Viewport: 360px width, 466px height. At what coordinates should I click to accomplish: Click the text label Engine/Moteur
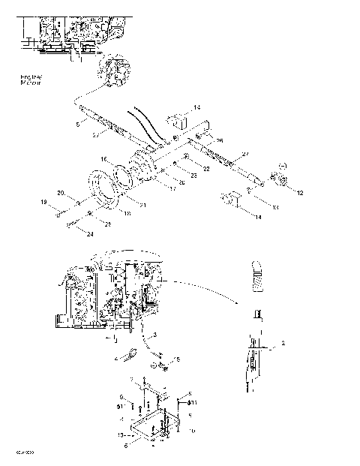pyautogui.click(x=32, y=81)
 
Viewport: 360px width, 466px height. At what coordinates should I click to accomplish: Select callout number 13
pyautogui.click(x=254, y=207)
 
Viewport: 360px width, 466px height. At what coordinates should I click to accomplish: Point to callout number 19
pyautogui.click(x=43, y=203)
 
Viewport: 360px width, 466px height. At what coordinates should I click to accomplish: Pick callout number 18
pyautogui.click(x=127, y=214)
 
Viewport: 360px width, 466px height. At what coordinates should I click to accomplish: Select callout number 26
pyautogui.click(x=220, y=140)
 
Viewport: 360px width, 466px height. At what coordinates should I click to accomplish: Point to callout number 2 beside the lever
pyautogui.click(x=282, y=343)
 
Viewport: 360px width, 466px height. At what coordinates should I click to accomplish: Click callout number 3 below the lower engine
pyautogui.click(x=154, y=334)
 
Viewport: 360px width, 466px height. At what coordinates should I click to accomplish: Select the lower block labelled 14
pyautogui.click(x=230, y=202)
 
